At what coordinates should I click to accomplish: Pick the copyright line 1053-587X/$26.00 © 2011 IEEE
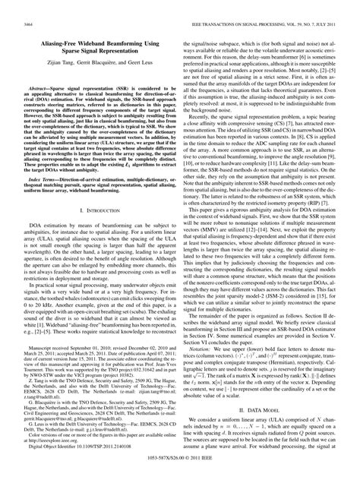pos(180,466)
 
